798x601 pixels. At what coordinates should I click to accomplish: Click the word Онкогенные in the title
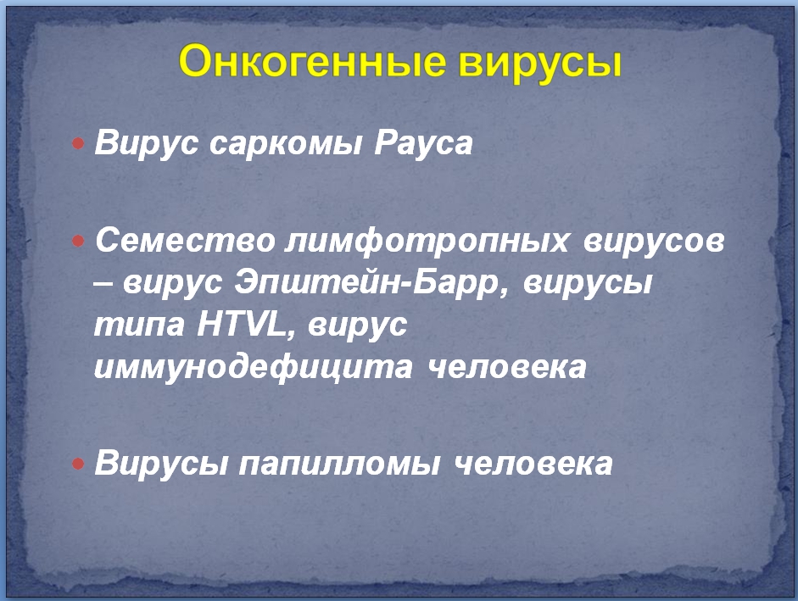(x=312, y=60)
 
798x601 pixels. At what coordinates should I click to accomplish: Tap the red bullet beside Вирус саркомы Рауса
(x=78, y=143)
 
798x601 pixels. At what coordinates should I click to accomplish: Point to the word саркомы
(x=286, y=143)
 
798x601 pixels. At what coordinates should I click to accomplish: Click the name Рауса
(x=423, y=142)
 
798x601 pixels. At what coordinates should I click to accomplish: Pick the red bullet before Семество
(x=78, y=240)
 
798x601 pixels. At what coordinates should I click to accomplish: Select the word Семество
(x=185, y=240)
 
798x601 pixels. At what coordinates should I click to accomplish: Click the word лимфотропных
(x=427, y=240)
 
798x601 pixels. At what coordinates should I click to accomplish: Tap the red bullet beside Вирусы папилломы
(x=78, y=464)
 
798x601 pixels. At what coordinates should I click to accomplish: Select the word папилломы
(x=339, y=465)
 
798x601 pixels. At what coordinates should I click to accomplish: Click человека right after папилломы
(x=533, y=465)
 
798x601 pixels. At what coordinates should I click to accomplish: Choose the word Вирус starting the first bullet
(x=147, y=143)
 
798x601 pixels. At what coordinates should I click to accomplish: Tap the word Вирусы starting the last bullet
(x=161, y=464)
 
